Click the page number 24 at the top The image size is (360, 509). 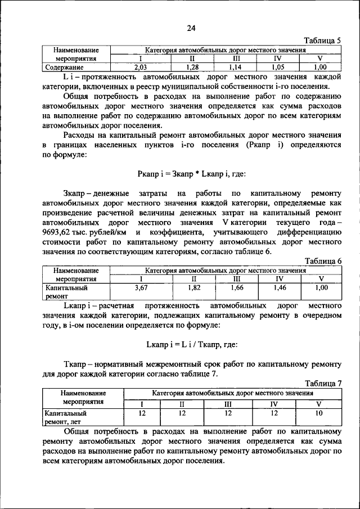[191, 29]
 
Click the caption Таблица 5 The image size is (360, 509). [322, 41]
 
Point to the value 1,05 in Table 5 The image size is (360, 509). [278, 67]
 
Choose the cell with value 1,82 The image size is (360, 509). [194, 287]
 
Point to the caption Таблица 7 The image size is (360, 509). [322, 383]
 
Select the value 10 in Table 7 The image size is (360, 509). [318, 413]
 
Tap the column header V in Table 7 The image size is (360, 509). [318, 404]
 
